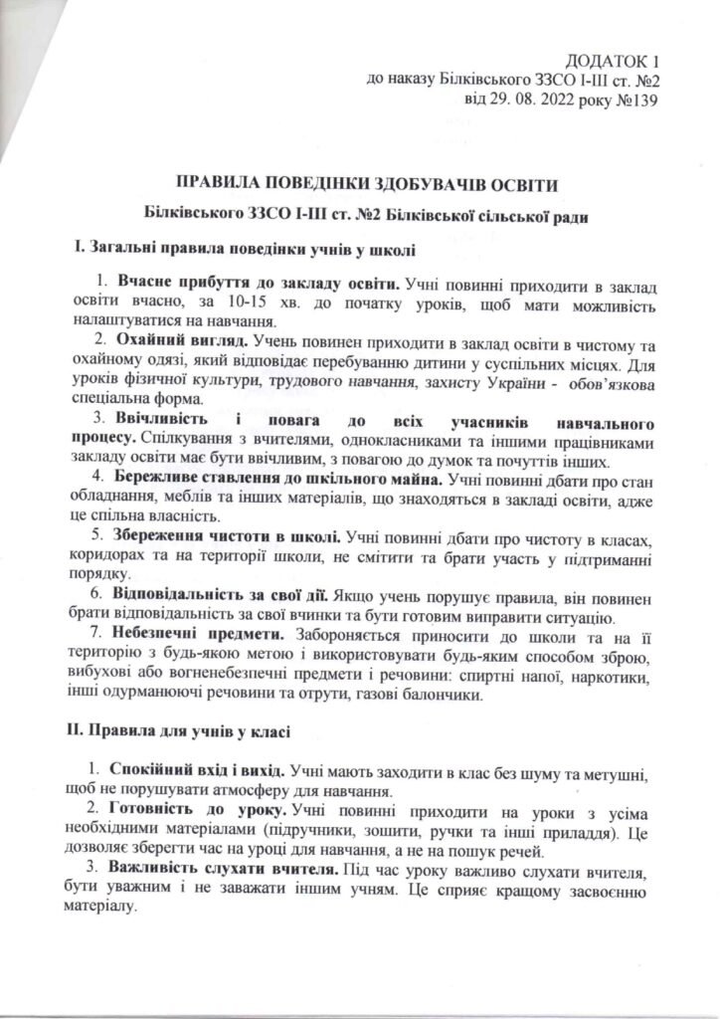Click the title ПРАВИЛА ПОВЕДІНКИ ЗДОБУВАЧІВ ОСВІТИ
click(x=360, y=185)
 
